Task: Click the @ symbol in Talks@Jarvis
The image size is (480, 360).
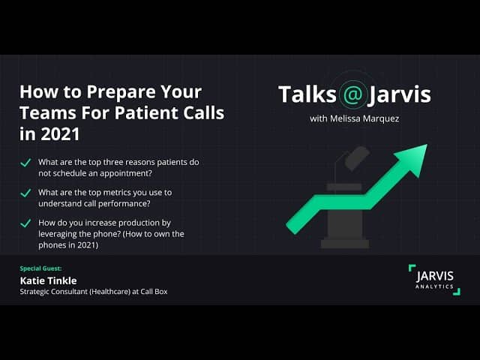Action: (353, 94)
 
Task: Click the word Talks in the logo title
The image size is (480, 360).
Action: (307, 94)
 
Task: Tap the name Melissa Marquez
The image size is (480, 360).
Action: (364, 118)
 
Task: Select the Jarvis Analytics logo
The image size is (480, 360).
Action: (434, 280)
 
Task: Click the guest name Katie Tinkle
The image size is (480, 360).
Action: (48, 280)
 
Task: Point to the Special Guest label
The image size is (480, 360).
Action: (40, 268)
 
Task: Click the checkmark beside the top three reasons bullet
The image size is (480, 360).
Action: (25, 163)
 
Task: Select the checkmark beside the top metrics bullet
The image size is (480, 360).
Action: (25, 193)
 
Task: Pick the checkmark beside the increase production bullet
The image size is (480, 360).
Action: (25, 223)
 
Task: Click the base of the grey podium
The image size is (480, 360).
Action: (345, 244)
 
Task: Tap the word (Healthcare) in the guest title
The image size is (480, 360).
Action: (110, 292)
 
